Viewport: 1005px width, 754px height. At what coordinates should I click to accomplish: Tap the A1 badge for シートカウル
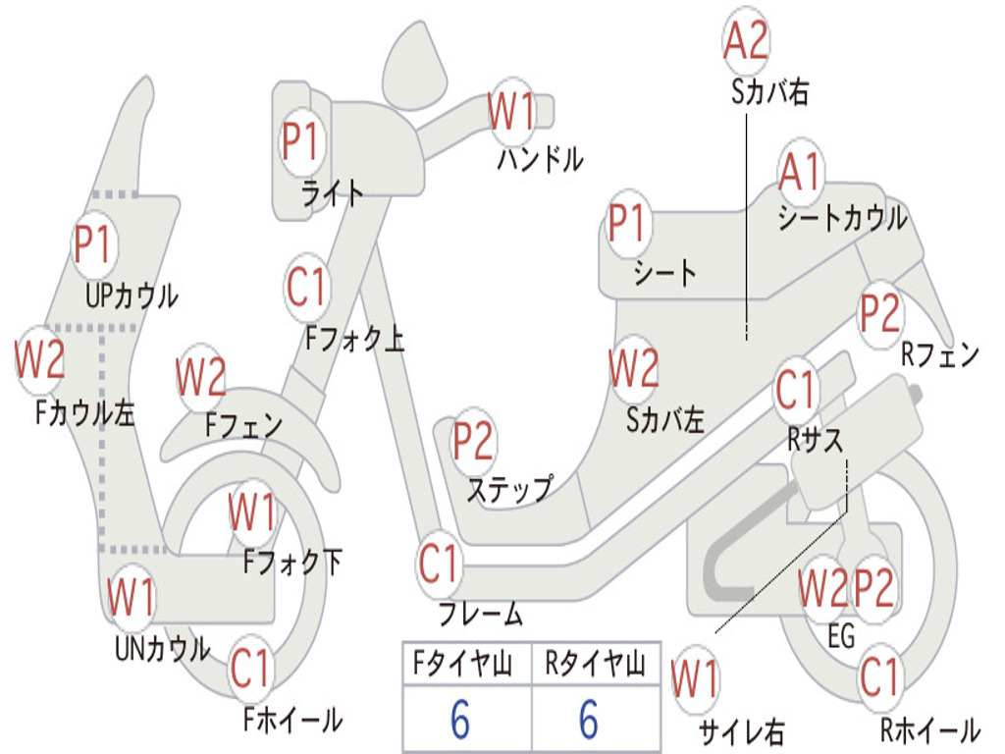coord(801,174)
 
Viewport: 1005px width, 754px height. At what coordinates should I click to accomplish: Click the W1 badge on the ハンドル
coord(511,111)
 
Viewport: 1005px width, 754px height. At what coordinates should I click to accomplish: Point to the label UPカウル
coord(132,295)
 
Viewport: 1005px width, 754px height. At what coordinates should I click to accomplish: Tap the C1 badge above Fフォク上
coord(306,288)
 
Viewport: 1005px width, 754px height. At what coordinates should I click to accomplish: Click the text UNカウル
coord(163,648)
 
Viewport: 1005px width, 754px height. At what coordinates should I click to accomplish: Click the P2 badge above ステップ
coord(473,442)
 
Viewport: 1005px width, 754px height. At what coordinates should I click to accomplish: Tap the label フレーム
coord(481,616)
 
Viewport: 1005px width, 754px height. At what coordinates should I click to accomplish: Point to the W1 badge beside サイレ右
coord(695,679)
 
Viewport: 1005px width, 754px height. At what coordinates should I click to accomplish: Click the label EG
coord(841,636)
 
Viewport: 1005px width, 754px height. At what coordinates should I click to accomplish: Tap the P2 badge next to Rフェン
coord(879,313)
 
